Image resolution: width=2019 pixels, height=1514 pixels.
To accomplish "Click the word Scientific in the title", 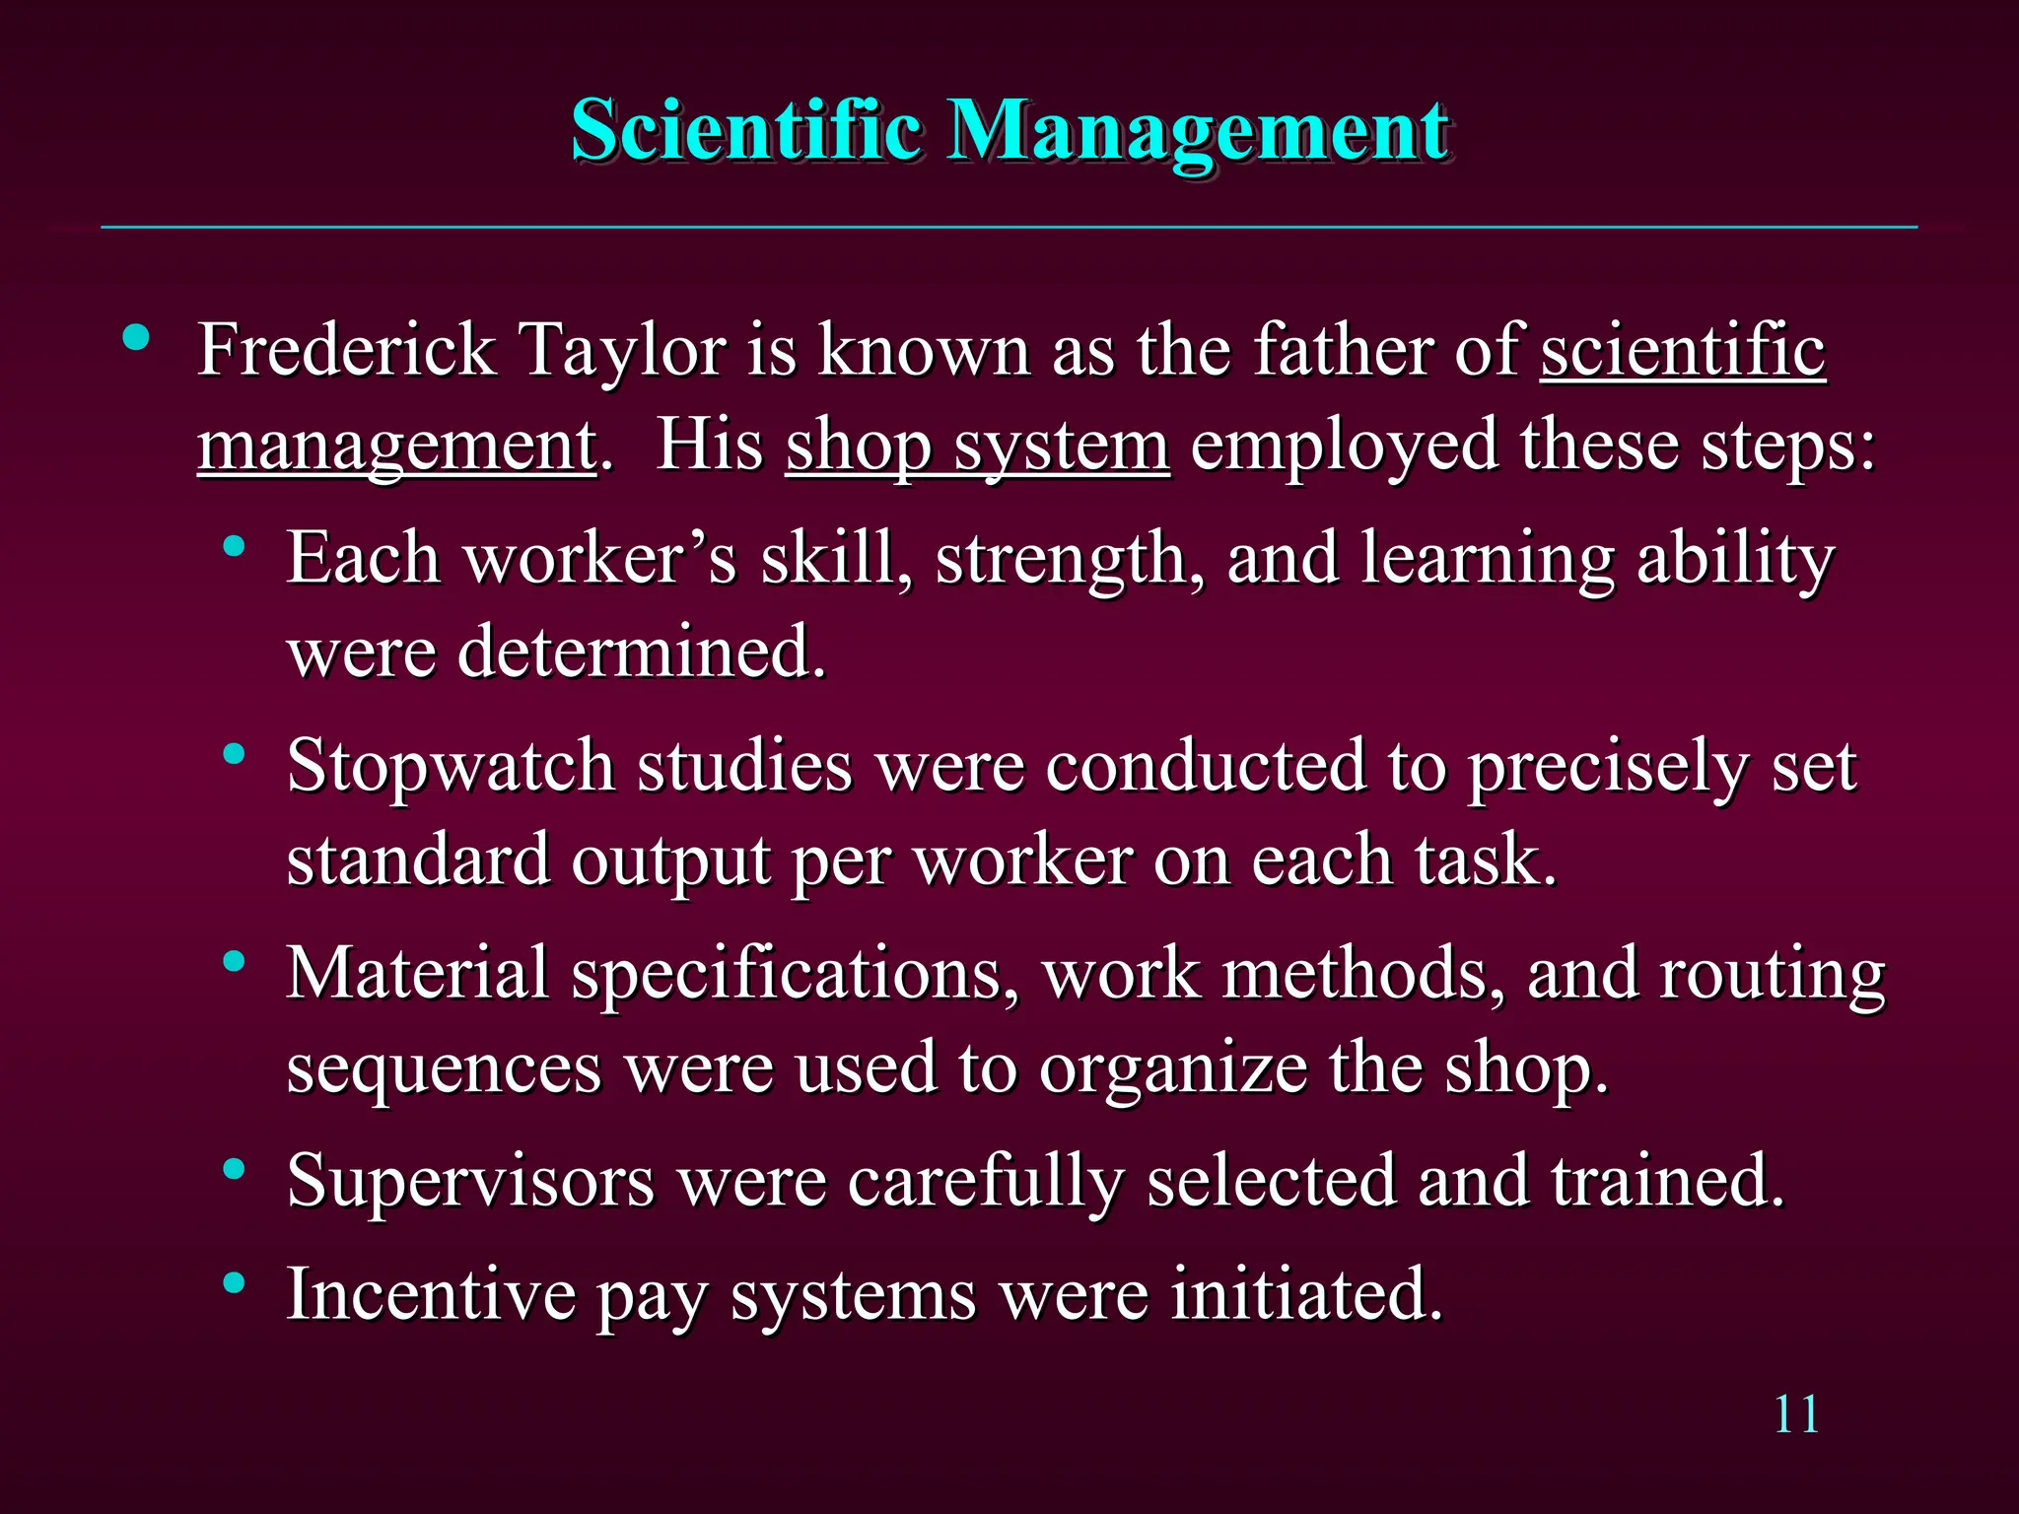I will [746, 130].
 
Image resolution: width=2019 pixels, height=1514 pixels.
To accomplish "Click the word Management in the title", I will [1197, 132].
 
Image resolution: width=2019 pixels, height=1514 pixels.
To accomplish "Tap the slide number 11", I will [1796, 1414].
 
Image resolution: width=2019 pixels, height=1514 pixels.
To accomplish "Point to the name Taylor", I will [622, 351].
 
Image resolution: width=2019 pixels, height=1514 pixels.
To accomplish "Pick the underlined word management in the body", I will [396, 446].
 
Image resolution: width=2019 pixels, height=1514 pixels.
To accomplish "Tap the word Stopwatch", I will [451, 766].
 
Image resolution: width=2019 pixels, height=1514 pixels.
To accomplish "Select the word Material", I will [417, 974].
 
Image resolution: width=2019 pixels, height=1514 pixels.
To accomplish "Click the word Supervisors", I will [470, 1180].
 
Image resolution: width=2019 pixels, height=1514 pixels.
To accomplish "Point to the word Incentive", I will [431, 1293].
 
